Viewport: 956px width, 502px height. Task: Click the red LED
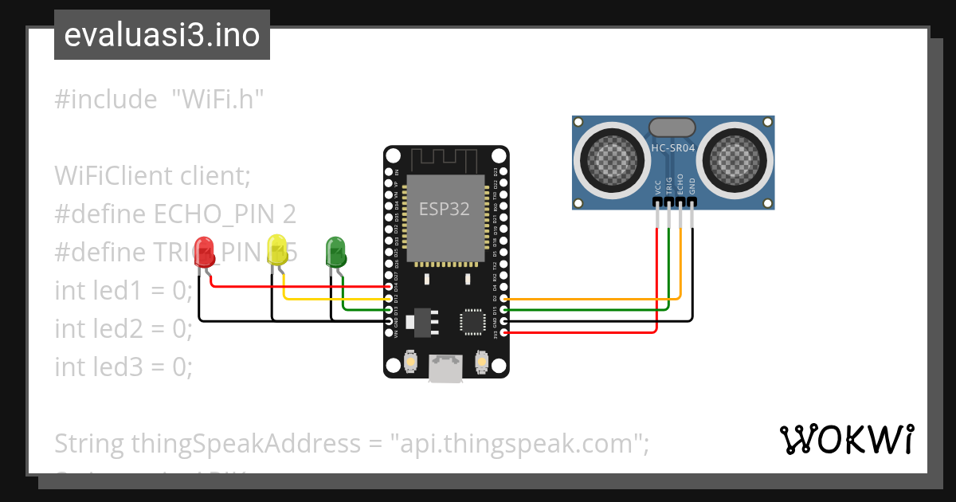click(x=205, y=252)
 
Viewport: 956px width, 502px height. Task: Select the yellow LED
click(x=277, y=249)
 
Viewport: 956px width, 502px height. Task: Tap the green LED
click(x=335, y=251)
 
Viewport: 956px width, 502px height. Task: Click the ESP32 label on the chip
click(x=445, y=209)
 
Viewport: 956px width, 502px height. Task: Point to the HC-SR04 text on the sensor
click(x=673, y=147)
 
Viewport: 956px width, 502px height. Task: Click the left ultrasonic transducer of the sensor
click(x=612, y=157)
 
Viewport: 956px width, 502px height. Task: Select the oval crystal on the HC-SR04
click(x=673, y=127)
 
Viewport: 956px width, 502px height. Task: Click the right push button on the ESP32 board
click(x=480, y=362)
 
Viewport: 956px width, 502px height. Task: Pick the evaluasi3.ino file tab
click(x=162, y=35)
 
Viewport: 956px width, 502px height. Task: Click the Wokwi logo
click(x=846, y=439)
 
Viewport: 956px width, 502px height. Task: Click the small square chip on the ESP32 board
click(x=471, y=321)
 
